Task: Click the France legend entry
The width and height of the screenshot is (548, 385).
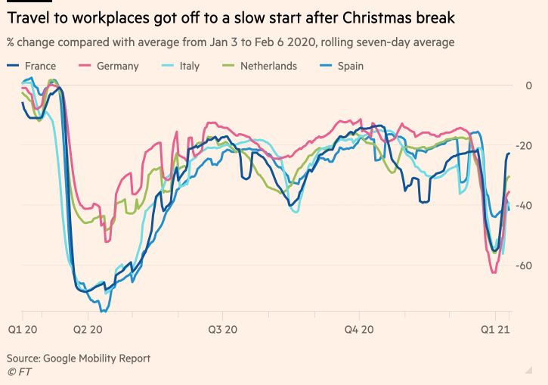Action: pyautogui.click(x=40, y=66)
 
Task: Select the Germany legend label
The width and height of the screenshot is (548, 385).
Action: pyautogui.click(x=117, y=66)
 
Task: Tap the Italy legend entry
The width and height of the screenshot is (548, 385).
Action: pyautogui.click(x=189, y=66)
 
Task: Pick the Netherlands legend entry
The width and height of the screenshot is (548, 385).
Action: pyautogui.click(x=268, y=66)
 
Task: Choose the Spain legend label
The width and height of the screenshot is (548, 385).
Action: pyautogui.click(x=351, y=66)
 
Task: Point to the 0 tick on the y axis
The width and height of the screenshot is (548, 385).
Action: pyautogui.click(x=528, y=85)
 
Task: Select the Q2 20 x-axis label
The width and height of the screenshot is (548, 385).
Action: pyautogui.click(x=88, y=330)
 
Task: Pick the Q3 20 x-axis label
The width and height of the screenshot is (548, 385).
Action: pyautogui.click(x=222, y=330)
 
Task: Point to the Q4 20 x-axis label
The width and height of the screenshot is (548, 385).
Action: pyautogui.click(x=359, y=330)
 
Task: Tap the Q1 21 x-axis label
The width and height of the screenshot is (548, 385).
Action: pyautogui.click(x=495, y=330)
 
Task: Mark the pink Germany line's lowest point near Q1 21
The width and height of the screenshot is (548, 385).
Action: pyautogui.click(x=494, y=272)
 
